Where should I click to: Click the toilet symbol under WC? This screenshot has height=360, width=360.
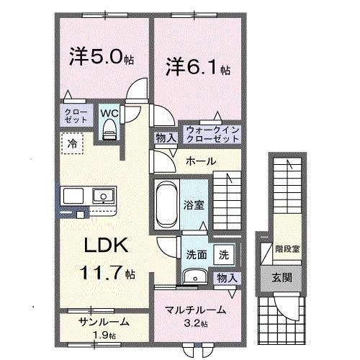[x=109, y=127]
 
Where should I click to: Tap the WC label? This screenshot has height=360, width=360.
[x=109, y=113]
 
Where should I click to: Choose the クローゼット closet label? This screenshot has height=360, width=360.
[x=73, y=117]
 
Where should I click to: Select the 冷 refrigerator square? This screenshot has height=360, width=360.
[x=72, y=144]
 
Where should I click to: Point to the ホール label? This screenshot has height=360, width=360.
[x=200, y=161]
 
